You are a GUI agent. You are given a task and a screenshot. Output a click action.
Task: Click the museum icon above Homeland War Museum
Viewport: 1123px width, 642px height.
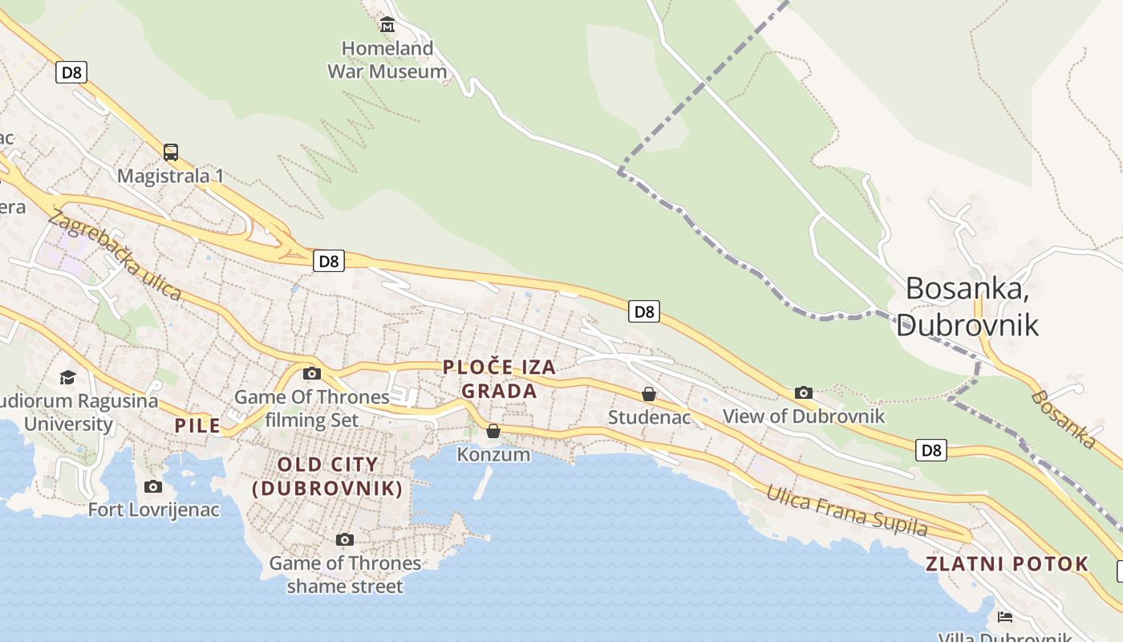[387, 25]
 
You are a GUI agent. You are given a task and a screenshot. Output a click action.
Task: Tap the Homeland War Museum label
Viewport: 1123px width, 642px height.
[387, 59]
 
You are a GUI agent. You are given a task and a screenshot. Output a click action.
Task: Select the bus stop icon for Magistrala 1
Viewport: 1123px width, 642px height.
[170, 152]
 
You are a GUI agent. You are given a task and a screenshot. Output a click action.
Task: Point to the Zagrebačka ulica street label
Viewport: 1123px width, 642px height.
[115, 254]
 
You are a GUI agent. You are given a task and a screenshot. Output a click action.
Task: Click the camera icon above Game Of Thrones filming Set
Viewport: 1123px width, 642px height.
[312, 373]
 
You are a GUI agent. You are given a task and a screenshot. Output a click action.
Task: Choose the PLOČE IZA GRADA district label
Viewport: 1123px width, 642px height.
[500, 379]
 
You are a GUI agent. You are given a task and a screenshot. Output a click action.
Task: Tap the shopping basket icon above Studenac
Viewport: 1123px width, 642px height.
[649, 394]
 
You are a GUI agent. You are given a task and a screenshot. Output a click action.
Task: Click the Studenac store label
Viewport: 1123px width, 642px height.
[649, 417]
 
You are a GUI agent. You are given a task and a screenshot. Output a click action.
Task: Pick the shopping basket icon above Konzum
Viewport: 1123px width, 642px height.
[493, 431]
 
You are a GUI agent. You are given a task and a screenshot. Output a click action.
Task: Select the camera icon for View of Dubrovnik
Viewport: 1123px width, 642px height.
[803, 392]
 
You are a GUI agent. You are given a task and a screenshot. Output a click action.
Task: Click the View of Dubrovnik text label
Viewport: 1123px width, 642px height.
[803, 416]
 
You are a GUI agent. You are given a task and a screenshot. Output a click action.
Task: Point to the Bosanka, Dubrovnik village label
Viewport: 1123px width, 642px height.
[967, 306]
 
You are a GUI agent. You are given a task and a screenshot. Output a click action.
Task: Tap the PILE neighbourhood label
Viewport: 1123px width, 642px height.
[197, 425]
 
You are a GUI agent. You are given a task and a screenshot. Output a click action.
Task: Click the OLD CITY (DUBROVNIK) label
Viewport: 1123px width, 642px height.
[327, 476]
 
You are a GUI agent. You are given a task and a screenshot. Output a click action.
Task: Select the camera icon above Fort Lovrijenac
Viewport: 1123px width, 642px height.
[153, 486]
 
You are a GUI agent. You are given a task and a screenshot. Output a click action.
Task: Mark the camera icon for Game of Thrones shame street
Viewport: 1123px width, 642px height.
[345, 539]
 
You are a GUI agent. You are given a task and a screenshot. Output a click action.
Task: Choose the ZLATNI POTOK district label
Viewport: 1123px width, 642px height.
[1007, 563]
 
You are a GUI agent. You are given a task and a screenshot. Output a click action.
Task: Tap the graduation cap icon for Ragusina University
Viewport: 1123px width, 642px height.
[68, 377]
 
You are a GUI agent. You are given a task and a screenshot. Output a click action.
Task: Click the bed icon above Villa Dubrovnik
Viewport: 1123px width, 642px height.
[1004, 616]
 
